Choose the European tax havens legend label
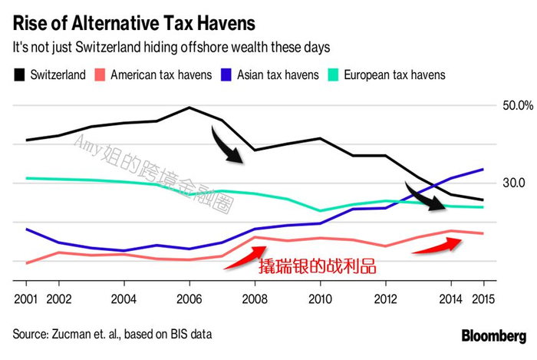(394, 74)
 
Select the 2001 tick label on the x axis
(26, 298)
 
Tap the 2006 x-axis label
(189, 298)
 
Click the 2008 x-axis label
(255, 298)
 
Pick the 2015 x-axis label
(483, 298)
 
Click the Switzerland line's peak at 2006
(189, 107)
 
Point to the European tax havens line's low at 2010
(320, 210)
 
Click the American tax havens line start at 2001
(26, 263)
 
